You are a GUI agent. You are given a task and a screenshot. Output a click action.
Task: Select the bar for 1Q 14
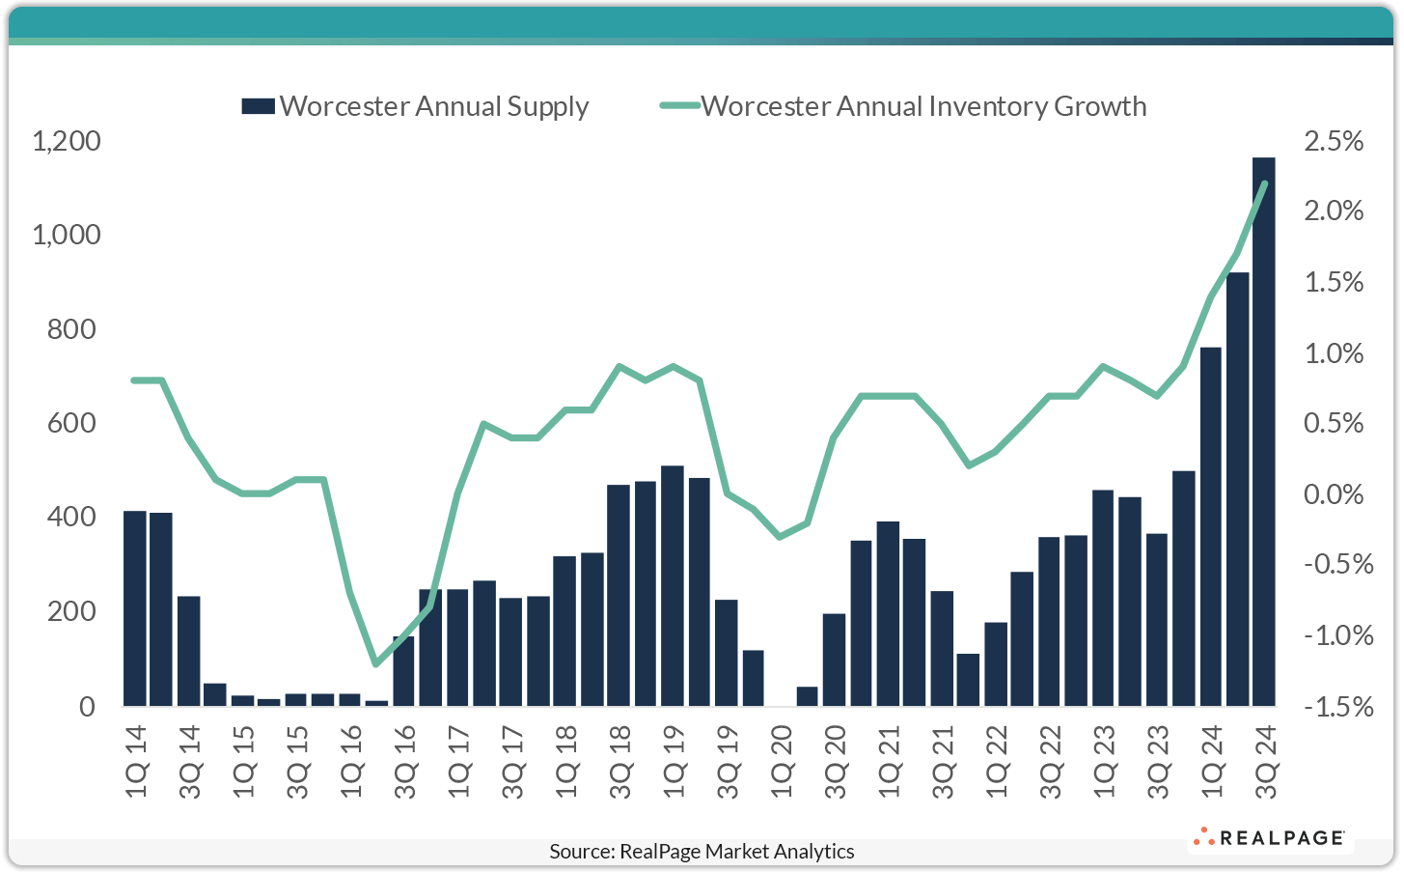[x=135, y=608]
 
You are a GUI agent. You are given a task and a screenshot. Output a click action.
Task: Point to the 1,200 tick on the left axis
[x=67, y=142]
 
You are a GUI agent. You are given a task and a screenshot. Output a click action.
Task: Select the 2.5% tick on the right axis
[x=1334, y=142]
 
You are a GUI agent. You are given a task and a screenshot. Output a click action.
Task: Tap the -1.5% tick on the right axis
[x=1337, y=707]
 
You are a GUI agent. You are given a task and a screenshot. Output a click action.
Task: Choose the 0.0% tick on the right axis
[x=1334, y=494]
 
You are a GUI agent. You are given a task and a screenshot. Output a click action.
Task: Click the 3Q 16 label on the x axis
[x=405, y=762]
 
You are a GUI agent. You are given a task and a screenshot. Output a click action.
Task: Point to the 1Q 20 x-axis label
[x=782, y=762]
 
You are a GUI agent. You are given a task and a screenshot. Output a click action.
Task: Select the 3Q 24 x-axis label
[x=1265, y=762]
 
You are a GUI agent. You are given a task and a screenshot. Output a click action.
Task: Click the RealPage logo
[x=1269, y=838]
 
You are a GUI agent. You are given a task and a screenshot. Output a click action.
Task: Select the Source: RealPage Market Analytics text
[x=702, y=851]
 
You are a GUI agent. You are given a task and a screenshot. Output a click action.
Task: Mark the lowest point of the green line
[x=376, y=664]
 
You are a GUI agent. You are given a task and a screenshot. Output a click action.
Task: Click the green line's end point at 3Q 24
[x=1264, y=183]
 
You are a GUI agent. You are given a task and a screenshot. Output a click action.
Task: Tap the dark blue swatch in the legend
[x=258, y=106]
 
